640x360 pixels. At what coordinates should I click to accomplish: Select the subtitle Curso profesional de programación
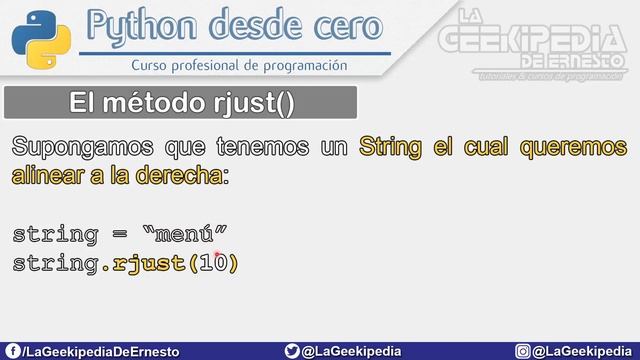tap(240, 65)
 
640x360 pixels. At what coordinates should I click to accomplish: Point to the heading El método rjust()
tap(181, 102)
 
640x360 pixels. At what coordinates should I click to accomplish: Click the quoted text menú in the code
tap(186, 236)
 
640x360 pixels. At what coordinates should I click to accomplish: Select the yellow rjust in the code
tap(149, 264)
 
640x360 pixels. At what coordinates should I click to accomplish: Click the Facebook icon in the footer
tap(11, 351)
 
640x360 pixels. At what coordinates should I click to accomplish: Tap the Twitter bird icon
tap(291, 351)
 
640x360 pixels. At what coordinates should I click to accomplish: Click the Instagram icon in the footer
tap(523, 351)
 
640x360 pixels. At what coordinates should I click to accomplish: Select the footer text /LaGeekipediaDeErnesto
tap(100, 351)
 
